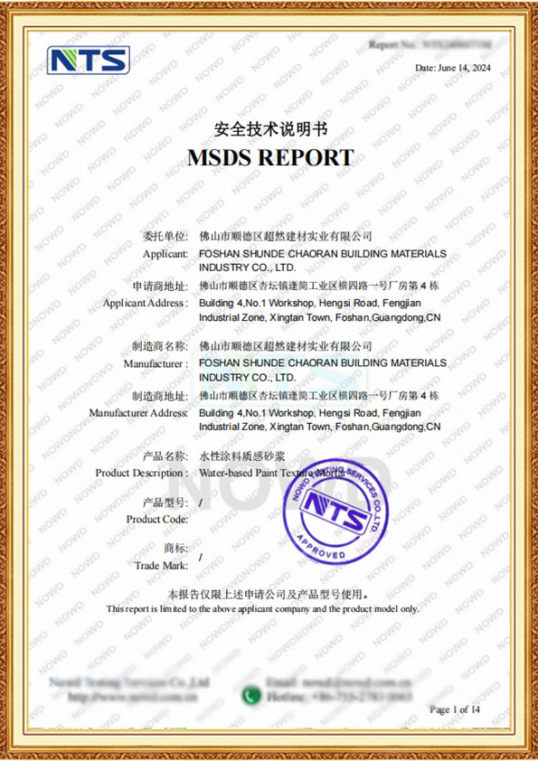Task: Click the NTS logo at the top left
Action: pyautogui.click(x=89, y=60)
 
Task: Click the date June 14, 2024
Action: pyautogui.click(x=453, y=68)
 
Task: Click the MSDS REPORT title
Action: pyautogui.click(x=269, y=157)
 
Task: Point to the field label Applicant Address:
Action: pyautogui.click(x=145, y=303)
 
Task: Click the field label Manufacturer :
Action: pyautogui.click(x=155, y=363)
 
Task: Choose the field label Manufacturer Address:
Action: pyautogui.click(x=138, y=412)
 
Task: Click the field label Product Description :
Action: pyautogui.click(x=141, y=473)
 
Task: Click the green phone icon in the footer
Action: pyautogui.click(x=250, y=696)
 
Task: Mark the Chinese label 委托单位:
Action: pyautogui.click(x=164, y=236)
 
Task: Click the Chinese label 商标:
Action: pyautogui.click(x=175, y=548)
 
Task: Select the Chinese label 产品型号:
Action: pyautogui.click(x=164, y=502)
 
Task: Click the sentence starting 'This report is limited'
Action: pyautogui.click(x=262, y=609)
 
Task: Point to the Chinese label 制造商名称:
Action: pyautogui.click(x=159, y=345)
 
